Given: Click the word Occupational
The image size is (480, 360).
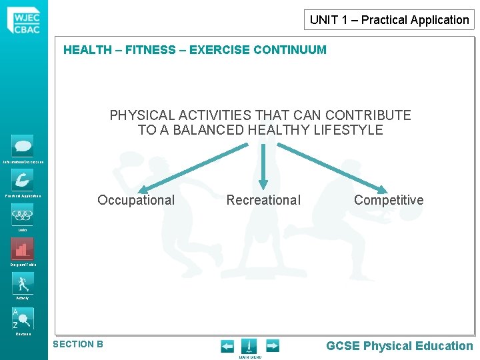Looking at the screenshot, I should point(136,200).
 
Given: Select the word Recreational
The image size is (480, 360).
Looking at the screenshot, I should point(263,200).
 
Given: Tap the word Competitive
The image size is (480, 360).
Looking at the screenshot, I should point(389,200).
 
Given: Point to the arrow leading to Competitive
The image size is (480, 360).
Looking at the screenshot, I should point(340,167).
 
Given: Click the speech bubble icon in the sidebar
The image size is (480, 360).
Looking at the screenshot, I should point(22,145).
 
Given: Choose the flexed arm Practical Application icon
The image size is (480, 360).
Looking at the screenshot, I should point(22,180).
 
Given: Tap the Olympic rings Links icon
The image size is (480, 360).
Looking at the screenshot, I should point(22,214).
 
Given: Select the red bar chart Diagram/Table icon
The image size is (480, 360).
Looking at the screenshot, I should point(22,249).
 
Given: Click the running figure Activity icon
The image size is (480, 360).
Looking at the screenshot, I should point(22,283).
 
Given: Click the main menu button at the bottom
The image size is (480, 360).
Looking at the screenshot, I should point(249,346).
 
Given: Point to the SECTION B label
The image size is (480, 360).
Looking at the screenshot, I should point(78,344).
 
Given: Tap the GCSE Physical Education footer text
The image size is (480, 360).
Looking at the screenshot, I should point(399,345).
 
